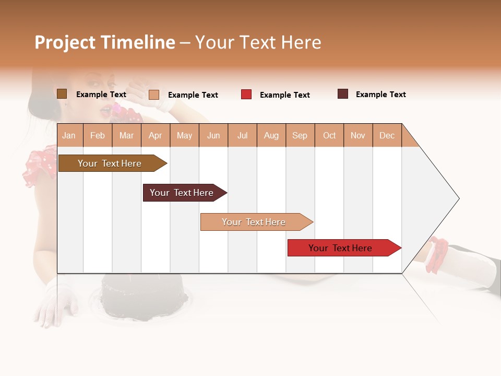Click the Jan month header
pyautogui.click(x=69, y=136)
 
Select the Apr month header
pyautogui.click(x=156, y=136)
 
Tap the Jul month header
pyautogui.click(x=242, y=136)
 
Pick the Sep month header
pyautogui.click(x=300, y=136)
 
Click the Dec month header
pyautogui.click(x=387, y=136)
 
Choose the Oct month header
pyautogui.click(x=329, y=136)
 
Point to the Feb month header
pyautogui.click(x=98, y=136)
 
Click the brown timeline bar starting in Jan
pyautogui.click(x=110, y=163)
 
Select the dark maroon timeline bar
pyautogui.click(x=182, y=193)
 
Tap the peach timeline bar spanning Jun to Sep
pyautogui.click(x=254, y=222)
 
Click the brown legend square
pyautogui.click(x=62, y=94)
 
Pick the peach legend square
pyautogui.click(x=154, y=95)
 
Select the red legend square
pyautogui.click(x=246, y=95)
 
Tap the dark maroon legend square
pyautogui.click(x=343, y=94)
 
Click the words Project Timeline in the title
pyautogui.click(x=104, y=42)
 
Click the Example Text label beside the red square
pyautogui.click(x=285, y=95)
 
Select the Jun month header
pyautogui.click(x=213, y=136)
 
